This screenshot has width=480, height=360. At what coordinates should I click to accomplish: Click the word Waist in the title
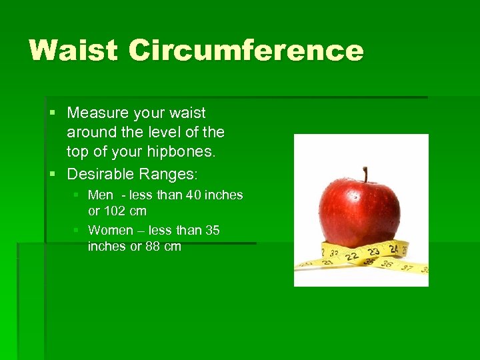click(x=73, y=51)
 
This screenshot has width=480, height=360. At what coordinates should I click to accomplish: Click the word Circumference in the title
click(x=246, y=51)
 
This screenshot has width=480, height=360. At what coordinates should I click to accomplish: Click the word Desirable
click(x=101, y=174)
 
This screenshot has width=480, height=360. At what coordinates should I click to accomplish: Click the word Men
click(x=100, y=195)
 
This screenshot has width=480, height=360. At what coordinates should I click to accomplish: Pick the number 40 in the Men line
click(x=193, y=195)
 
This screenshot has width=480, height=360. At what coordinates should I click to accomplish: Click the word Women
click(x=111, y=231)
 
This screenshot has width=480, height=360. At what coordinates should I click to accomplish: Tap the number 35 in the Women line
click(x=213, y=231)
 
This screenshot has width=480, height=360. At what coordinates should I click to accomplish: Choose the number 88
click(x=153, y=247)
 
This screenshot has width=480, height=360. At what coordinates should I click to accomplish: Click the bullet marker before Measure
click(x=53, y=113)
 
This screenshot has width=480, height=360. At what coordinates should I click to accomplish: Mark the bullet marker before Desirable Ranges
click(x=53, y=174)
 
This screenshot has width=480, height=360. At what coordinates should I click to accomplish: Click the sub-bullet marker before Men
click(x=77, y=195)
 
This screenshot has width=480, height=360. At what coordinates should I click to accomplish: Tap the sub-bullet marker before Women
click(x=77, y=231)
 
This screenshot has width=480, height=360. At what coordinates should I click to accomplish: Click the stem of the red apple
click(x=365, y=174)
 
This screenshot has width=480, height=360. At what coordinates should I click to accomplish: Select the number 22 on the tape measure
click(x=350, y=256)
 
